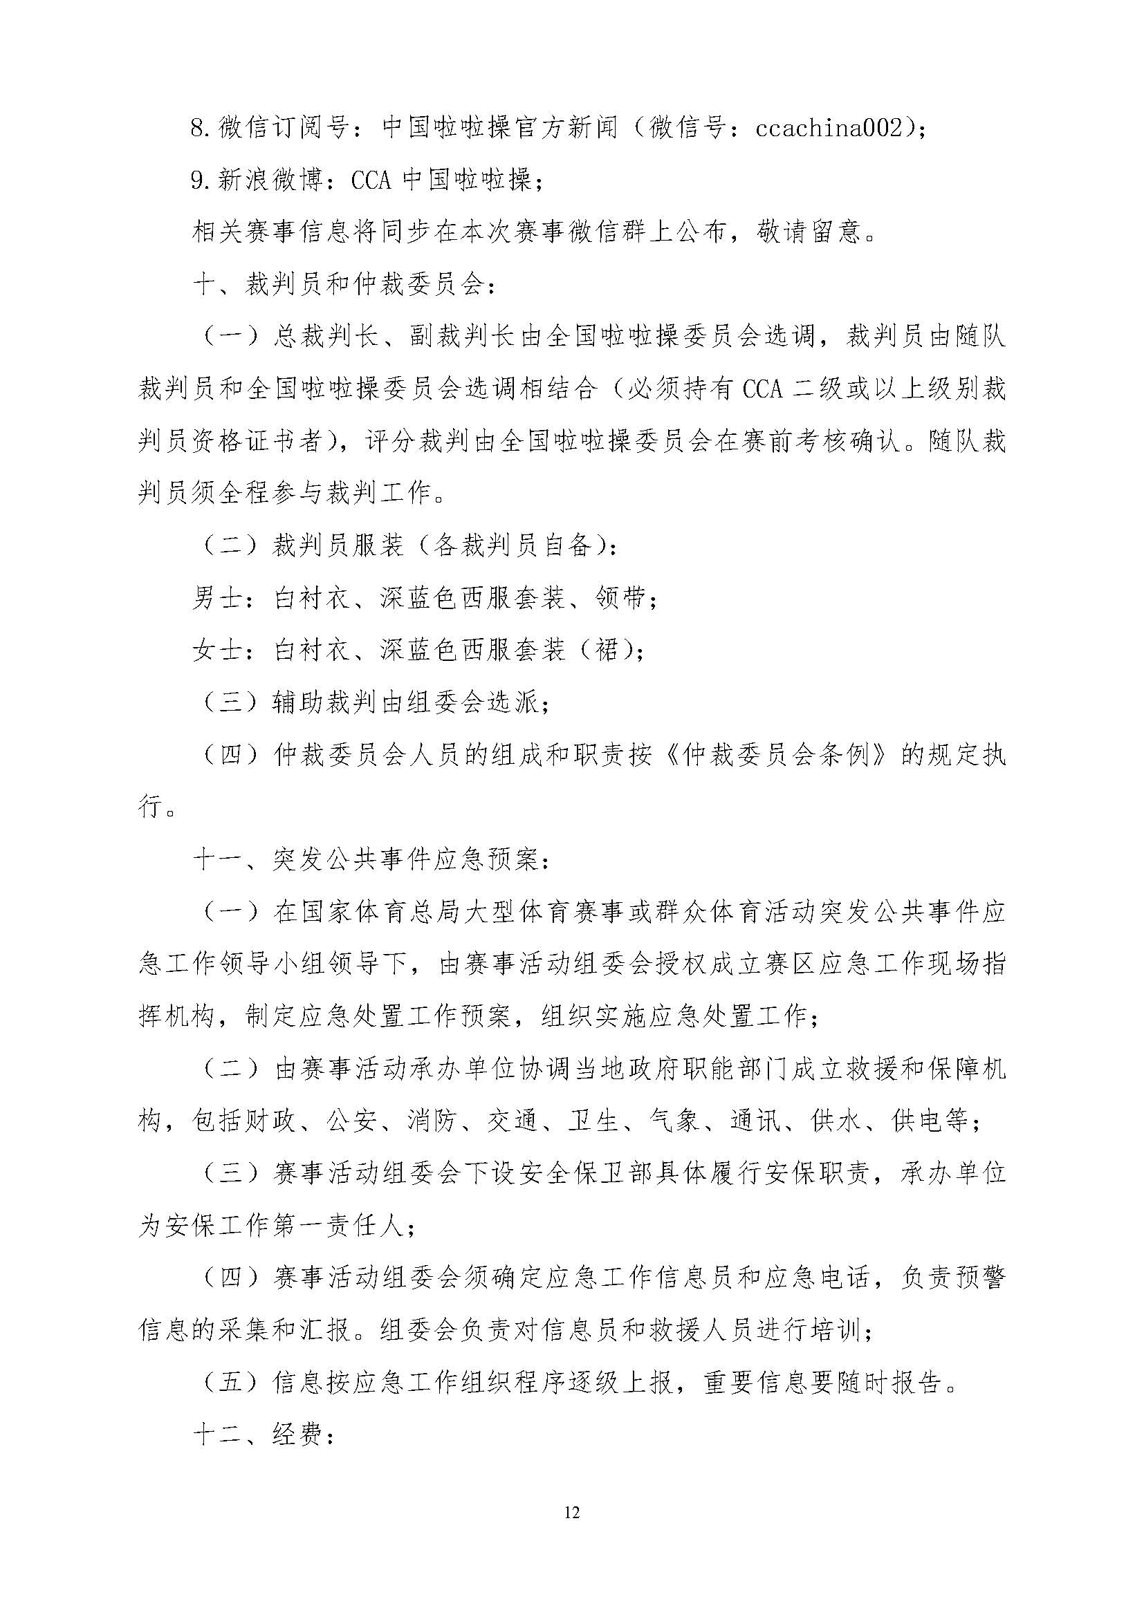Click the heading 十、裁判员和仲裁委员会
pyautogui.click(x=343, y=286)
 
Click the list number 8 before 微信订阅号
pyautogui.click(x=198, y=128)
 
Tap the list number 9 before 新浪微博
pyautogui.click(x=198, y=181)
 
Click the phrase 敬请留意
pyautogui.click(x=809, y=233)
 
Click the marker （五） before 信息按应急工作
pyautogui.click(x=232, y=1383)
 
